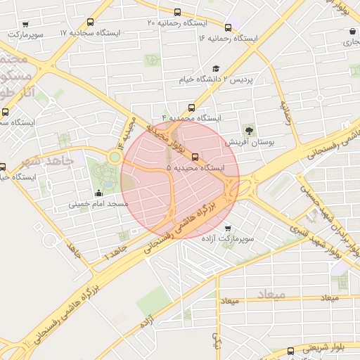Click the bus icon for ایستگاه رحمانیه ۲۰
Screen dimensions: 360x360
click(x=177, y=12)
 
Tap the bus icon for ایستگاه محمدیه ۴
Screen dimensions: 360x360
click(x=172, y=107)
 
